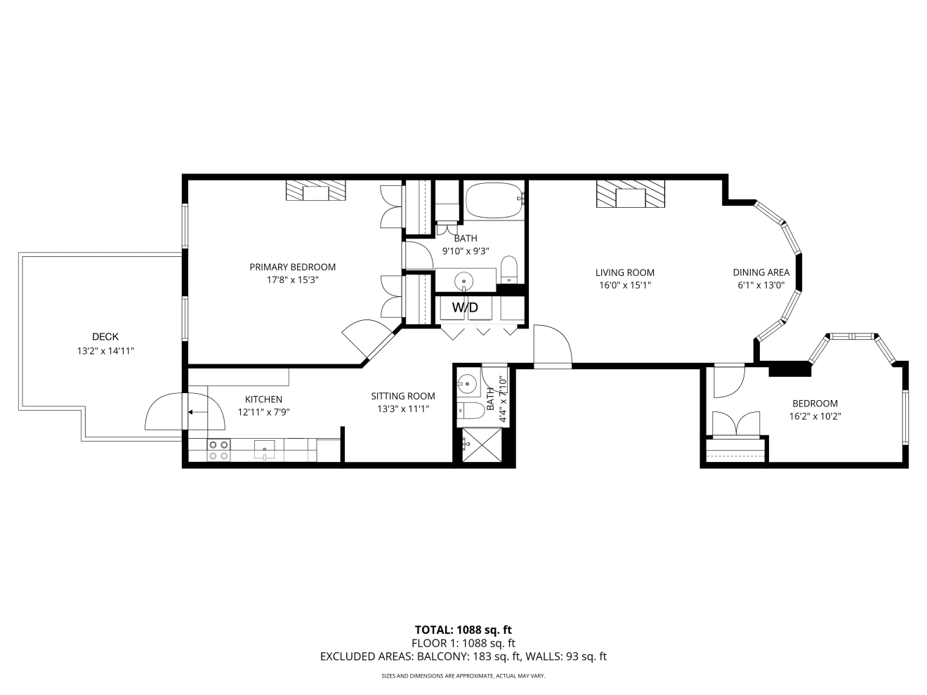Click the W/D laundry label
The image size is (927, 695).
tap(465, 307)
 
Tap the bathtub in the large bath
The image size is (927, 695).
tap(495, 201)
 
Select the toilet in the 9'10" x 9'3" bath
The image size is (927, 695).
tap(509, 270)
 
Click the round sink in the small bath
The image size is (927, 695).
tap(467, 385)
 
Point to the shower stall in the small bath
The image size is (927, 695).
tap(482, 445)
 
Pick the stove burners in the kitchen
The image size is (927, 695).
tap(218, 450)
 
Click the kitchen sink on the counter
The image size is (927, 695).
tap(264, 449)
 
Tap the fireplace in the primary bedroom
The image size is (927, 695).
tap(315, 190)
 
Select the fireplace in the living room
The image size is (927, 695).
tap(631, 194)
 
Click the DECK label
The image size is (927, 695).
tap(105, 337)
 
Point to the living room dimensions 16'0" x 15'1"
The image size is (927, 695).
tap(625, 285)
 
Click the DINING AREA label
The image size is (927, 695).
tap(761, 272)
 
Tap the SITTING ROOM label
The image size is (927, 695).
tap(403, 396)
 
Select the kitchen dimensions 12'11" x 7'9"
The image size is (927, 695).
tap(263, 412)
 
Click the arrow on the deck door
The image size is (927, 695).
tap(197, 412)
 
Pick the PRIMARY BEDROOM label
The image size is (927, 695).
tap(293, 267)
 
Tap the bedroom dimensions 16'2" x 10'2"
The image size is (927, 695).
tap(815, 416)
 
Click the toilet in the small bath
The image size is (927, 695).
tap(471, 411)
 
